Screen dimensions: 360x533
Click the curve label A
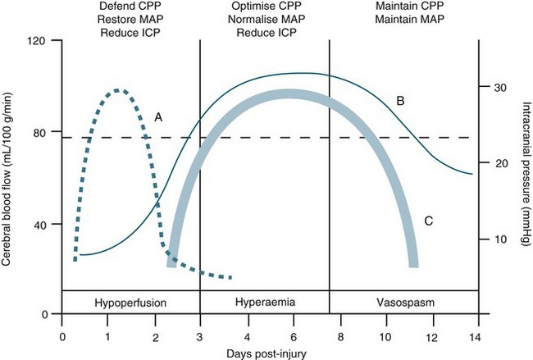158,117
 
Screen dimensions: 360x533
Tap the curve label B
400,101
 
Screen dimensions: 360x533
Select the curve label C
428,220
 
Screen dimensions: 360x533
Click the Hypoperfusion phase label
131,303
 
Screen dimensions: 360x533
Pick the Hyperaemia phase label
264,303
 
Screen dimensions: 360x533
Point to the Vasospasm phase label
402,303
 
